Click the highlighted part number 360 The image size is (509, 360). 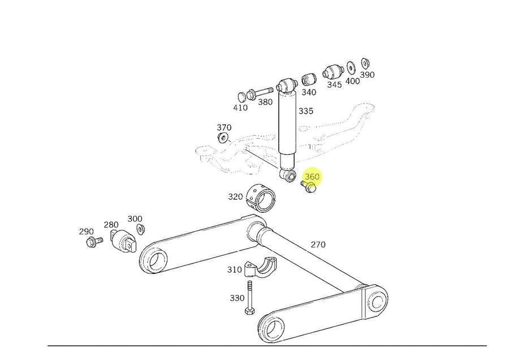[x=312, y=177]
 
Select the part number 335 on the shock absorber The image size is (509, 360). [x=305, y=111]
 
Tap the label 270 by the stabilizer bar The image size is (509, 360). [x=318, y=245]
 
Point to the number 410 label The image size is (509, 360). [x=240, y=108]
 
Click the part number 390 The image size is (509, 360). [x=368, y=74]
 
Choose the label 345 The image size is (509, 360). [x=334, y=84]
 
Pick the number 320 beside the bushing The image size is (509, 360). [x=235, y=197]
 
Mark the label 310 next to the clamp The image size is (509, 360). [x=235, y=270]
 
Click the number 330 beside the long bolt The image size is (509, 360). [x=237, y=298]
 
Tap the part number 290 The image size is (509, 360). [x=86, y=232]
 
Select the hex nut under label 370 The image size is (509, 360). [x=223, y=138]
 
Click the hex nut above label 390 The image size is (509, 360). [x=365, y=62]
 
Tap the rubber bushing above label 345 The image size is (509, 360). [x=333, y=72]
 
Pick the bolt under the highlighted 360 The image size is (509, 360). [x=309, y=187]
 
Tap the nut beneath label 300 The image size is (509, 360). [x=141, y=229]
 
